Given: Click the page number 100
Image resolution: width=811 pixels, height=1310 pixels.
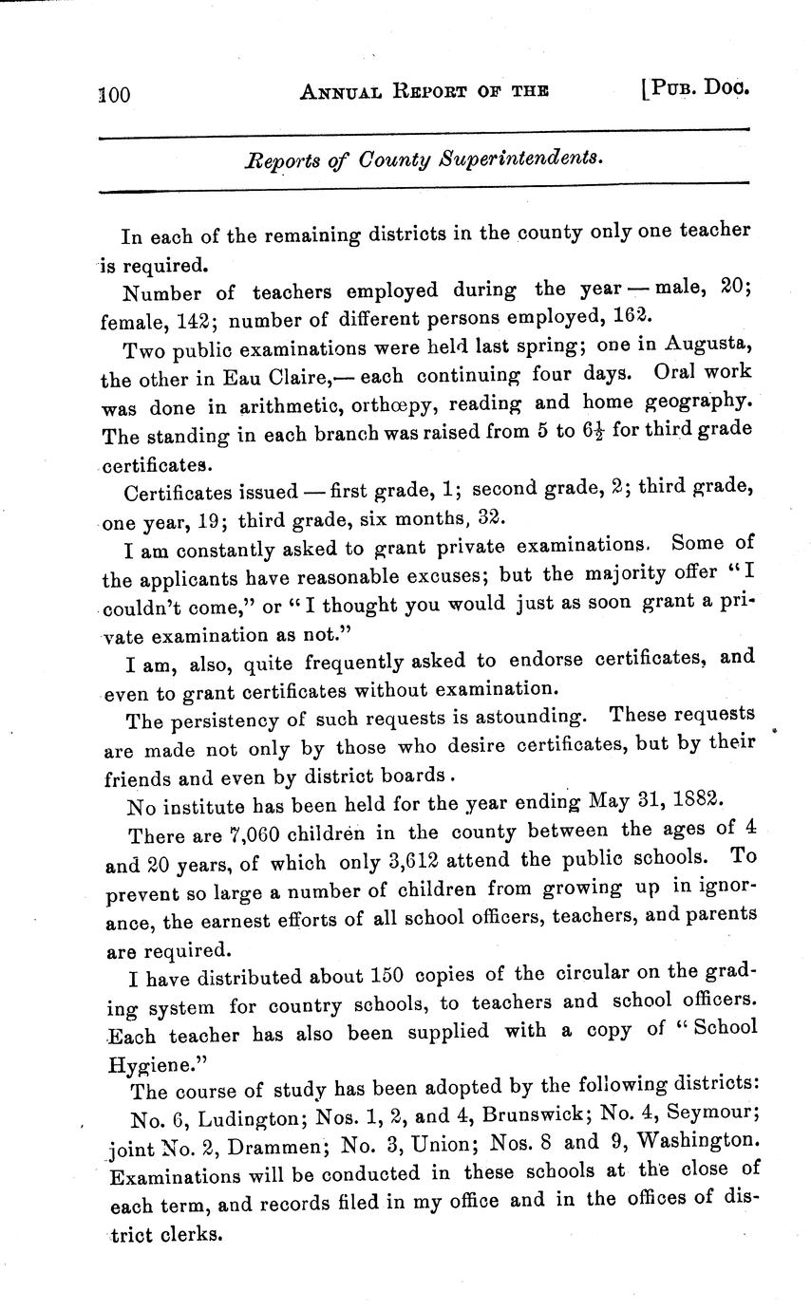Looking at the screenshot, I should (113, 94).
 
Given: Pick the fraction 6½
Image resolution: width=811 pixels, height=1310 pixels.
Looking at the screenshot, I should (595, 430).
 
